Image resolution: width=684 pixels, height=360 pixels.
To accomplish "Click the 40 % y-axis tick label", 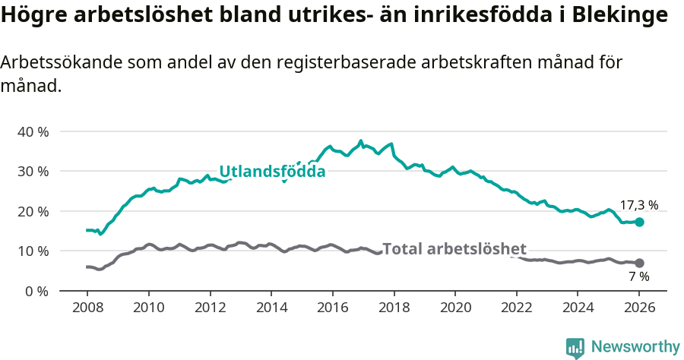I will point(33,131).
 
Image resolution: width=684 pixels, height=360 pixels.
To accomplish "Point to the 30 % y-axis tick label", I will point(33,171).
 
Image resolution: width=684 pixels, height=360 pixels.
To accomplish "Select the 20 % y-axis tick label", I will point(33,211).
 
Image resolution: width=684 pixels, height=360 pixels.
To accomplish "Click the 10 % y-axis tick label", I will point(33,251).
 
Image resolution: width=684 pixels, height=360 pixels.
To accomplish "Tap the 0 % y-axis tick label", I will point(36,291).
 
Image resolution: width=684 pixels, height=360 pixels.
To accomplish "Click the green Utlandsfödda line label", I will point(272,172).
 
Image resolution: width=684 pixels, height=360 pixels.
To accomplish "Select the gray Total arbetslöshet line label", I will point(454,248).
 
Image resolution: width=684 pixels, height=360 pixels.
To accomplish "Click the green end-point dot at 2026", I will point(639,222).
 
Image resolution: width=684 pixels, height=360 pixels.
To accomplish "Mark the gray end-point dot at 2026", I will point(639,263).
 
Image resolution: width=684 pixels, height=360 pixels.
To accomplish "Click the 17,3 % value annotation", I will point(638,205).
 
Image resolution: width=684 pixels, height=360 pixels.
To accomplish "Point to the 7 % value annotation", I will point(638,277).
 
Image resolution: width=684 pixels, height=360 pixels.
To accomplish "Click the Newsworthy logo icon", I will point(575,347).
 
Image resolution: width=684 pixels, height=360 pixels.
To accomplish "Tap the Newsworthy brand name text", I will point(635,347).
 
